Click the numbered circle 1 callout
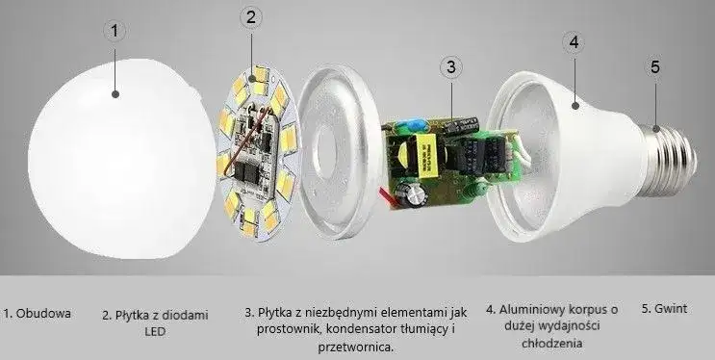point(115,31)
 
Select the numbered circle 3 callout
point(451,67)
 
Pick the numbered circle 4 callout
point(574,41)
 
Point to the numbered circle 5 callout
point(655,67)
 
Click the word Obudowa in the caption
point(49,313)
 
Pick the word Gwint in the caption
point(670,310)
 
